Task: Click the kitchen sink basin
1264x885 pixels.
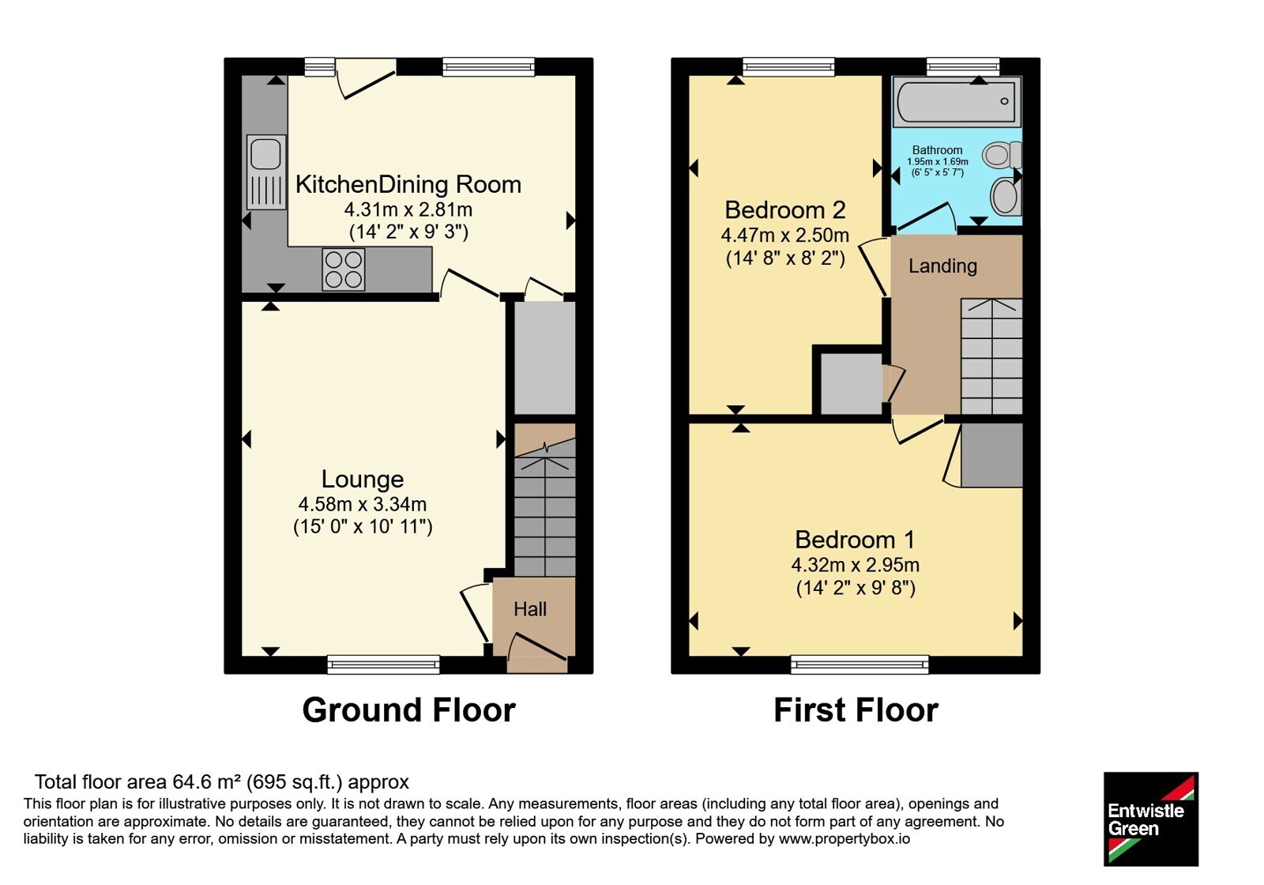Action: (265, 153)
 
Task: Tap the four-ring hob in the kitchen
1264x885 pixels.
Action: (343, 269)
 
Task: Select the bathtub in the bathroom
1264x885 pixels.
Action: (957, 102)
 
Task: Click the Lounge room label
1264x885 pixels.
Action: (363, 479)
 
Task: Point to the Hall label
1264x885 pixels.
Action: (530, 609)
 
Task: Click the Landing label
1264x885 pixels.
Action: (942, 265)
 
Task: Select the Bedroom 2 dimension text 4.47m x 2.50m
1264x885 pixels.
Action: (785, 235)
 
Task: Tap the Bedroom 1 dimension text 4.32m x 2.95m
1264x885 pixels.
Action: (856, 564)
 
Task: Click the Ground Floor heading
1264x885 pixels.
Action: (408, 710)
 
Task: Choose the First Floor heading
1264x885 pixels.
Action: (856, 710)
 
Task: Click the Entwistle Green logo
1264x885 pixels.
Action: (1150, 819)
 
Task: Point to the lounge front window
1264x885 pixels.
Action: (383, 665)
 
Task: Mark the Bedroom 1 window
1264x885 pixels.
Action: (860, 665)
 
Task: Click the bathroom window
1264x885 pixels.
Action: (963, 66)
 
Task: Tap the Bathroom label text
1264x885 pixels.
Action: (937, 150)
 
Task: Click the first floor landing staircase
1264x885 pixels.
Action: (991, 356)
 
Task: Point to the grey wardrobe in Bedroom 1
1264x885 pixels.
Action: (991, 455)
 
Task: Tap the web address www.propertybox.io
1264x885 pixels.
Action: (845, 838)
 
